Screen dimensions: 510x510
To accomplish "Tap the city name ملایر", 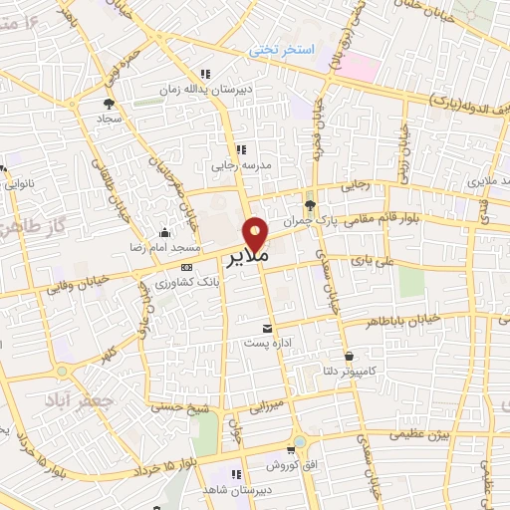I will click(x=245, y=257).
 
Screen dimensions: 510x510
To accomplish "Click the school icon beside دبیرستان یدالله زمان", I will click(x=204, y=74).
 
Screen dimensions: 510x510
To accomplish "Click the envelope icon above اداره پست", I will click(x=266, y=328).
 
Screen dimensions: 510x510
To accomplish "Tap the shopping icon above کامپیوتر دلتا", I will click(x=349, y=356).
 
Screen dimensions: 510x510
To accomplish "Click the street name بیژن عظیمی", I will click(x=420, y=435).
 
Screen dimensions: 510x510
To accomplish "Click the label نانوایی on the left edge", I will click(x=20, y=183).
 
